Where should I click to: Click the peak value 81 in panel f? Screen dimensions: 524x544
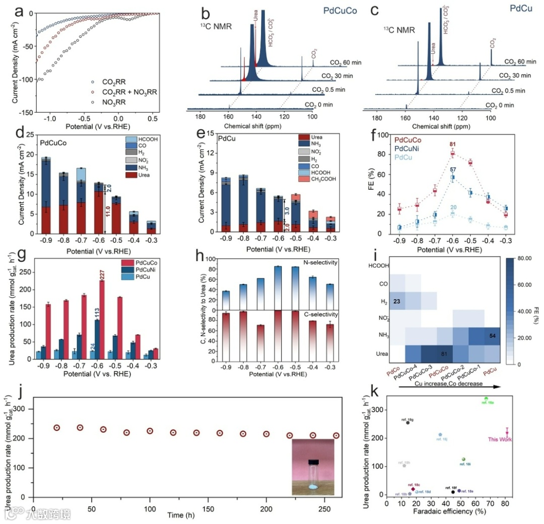(x=452, y=144)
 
